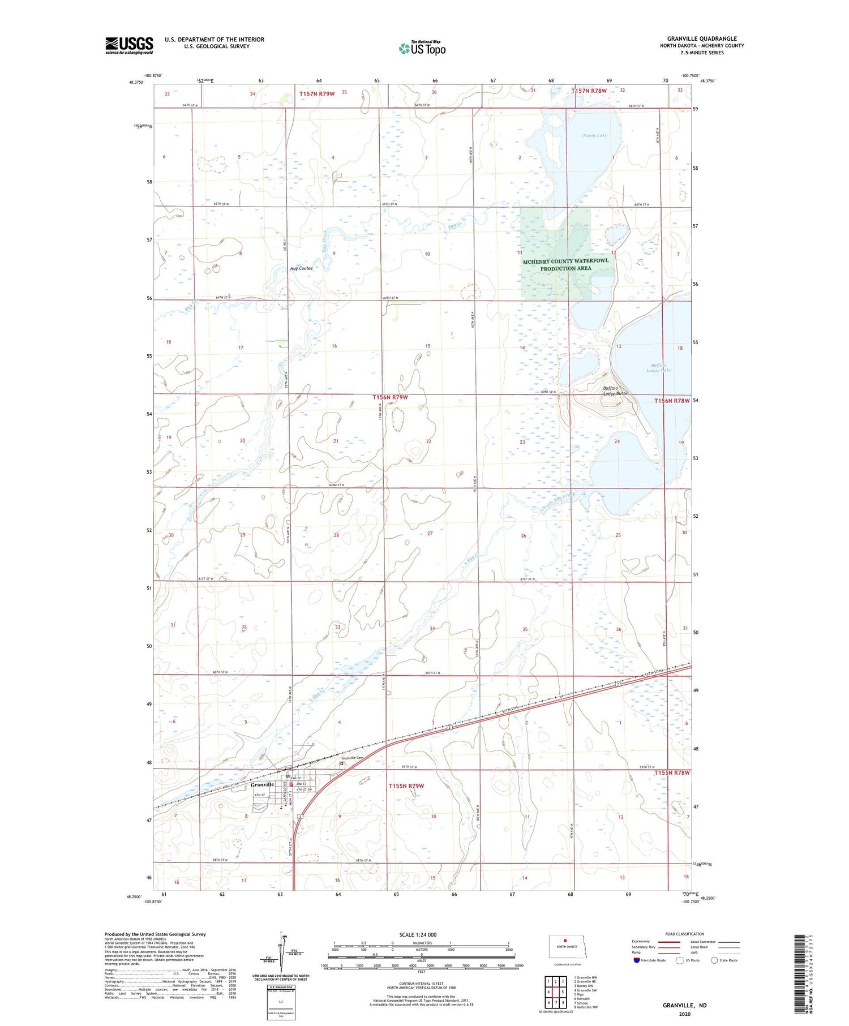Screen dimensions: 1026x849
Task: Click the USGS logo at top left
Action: coord(129,45)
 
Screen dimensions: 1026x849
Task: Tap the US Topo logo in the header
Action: coord(422,49)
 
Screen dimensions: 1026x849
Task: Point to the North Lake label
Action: coord(594,135)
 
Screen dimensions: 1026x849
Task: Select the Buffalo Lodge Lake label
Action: coord(659,367)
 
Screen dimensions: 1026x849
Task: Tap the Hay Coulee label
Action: coord(301,268)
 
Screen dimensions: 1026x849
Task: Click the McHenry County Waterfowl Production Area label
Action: coord(565,264)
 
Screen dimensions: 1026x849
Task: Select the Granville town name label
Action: coord(262,784)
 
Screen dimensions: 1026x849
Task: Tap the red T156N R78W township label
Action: coord(672,401)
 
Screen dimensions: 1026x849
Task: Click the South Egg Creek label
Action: coord(558,502)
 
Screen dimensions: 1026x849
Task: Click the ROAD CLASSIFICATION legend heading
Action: coord(685,934)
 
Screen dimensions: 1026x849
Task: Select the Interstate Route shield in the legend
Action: coord(637,960)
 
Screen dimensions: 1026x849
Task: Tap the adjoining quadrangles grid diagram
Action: coord(555,991)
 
